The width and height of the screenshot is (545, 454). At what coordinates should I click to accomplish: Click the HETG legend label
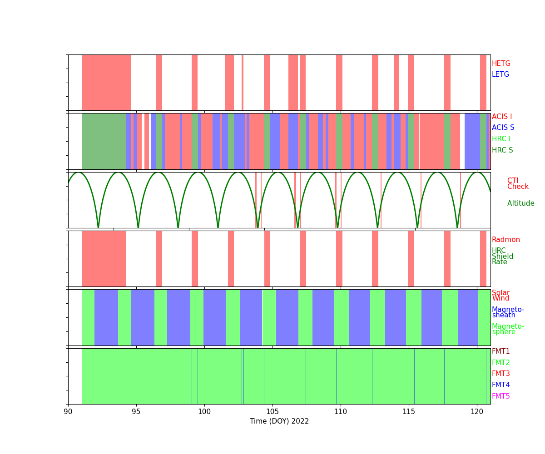tap(501, 64)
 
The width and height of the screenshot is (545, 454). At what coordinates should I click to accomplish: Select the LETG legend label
tap(500, 74)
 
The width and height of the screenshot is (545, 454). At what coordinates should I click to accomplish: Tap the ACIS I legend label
tap(502, 117)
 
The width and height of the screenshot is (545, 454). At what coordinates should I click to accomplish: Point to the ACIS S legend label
tap(503, 128)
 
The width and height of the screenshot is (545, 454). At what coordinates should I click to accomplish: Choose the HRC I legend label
tap(501, 139)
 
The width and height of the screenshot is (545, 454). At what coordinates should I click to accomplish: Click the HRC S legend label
tap(502, 150)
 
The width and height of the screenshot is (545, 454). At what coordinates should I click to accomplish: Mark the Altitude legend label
tap(520, 203)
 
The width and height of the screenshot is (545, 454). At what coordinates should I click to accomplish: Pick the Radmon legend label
tap(506, 240)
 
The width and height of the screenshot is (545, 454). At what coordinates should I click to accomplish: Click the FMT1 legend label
tap(501, 351)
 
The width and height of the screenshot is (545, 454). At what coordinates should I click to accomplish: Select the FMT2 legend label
tap(501, 363)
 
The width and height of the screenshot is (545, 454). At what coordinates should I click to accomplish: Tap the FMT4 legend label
tap(501, 385)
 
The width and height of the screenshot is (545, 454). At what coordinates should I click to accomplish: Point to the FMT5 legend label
tap(501, 396)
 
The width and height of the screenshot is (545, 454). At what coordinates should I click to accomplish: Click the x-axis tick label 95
tap(136, 411)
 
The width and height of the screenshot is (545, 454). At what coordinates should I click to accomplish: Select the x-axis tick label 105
tap(272, 411)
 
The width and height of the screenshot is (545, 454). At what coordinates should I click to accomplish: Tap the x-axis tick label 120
tap(477, 411)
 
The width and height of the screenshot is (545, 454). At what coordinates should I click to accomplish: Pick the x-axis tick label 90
tap(68, 411)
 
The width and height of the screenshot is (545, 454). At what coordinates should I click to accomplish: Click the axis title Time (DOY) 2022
tap(279, 421)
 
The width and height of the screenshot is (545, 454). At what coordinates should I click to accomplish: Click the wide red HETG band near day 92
tap(106, 82)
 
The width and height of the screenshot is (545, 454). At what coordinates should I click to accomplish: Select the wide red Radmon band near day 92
tap(104, 258)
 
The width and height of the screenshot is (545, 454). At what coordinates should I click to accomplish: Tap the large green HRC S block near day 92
tap(104, 141)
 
